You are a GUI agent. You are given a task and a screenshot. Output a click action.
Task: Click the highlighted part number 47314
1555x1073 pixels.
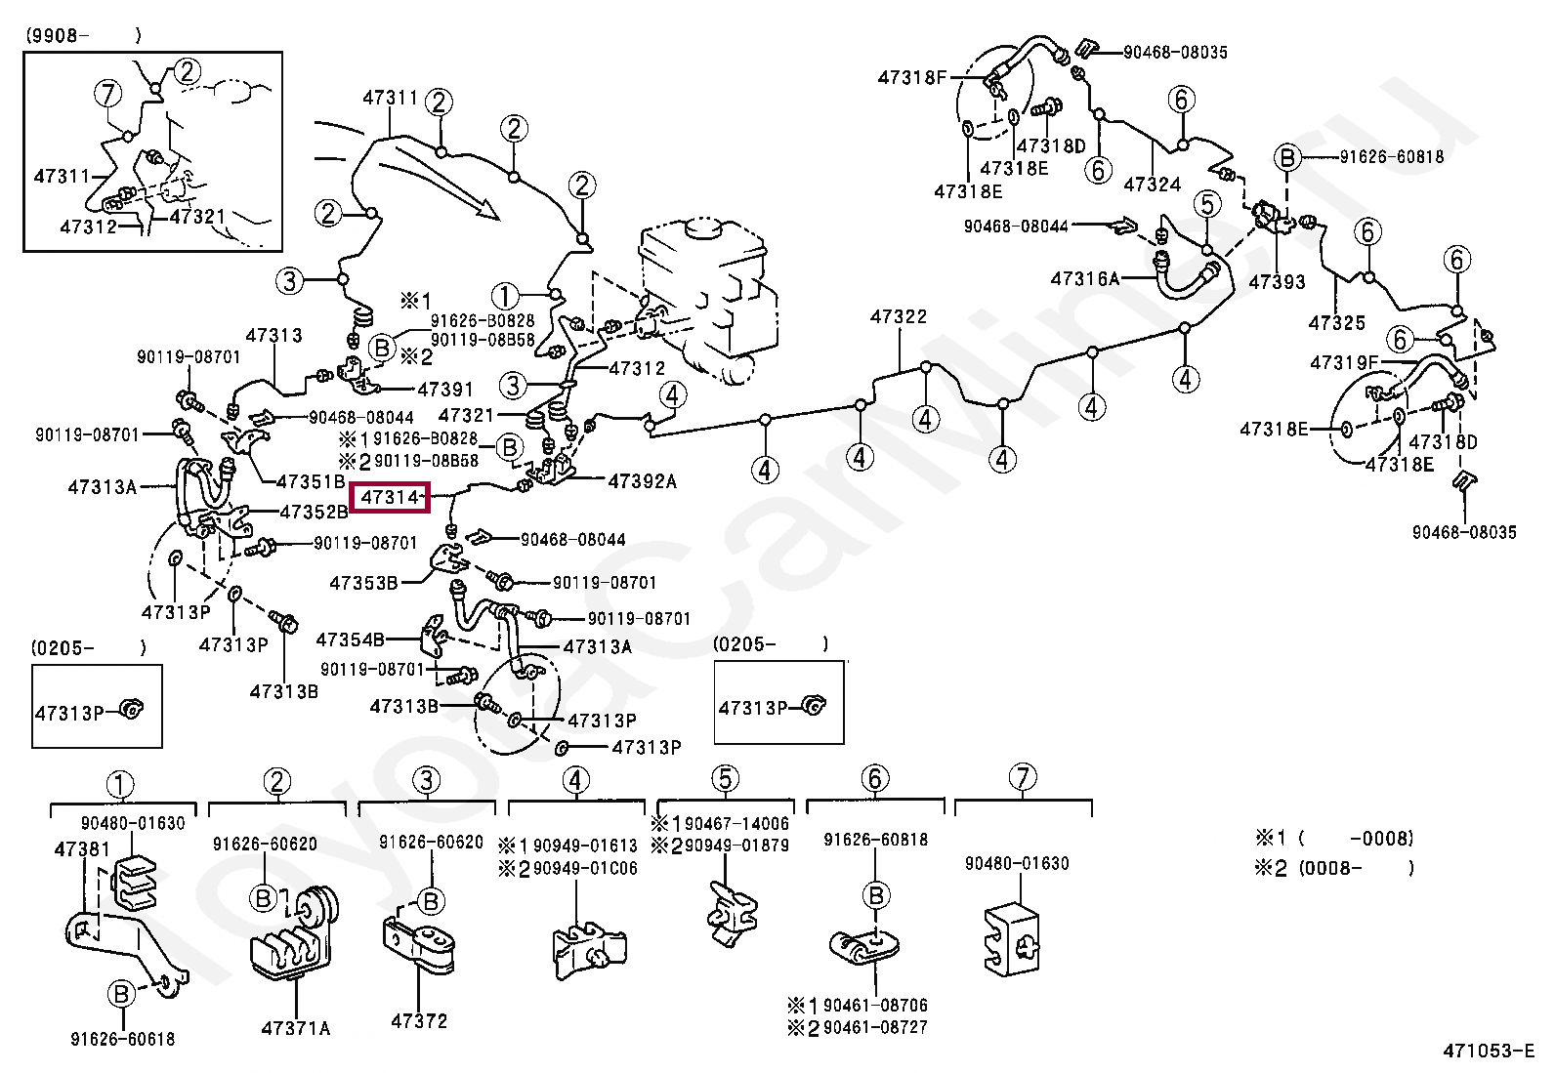(390, 498)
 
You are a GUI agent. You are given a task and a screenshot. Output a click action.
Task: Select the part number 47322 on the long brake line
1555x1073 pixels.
(898, 316)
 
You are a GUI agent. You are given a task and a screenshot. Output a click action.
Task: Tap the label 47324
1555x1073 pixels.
(1152, 185)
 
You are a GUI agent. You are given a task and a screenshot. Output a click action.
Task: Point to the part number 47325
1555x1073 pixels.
(1336, 322)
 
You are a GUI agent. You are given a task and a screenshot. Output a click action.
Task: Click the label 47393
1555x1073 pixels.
(1277, 282)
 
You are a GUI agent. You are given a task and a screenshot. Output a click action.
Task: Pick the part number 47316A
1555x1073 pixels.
(1084, 278)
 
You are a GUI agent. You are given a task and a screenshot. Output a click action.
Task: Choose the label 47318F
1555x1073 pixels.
(912, 77)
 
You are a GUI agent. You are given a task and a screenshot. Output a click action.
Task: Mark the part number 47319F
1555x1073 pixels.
(1344, 363)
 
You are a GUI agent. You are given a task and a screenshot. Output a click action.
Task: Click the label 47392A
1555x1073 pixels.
(642, 480)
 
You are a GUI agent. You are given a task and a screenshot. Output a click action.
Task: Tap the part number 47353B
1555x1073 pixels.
(363, 583)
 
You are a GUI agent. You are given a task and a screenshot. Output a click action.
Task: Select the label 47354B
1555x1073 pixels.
(350, 640)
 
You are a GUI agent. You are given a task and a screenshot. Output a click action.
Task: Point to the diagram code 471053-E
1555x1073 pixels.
(1489, 1051)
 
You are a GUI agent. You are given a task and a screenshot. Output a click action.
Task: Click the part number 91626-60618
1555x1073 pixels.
(122, 1039)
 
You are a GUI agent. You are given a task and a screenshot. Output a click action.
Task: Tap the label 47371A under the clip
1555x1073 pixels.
(295, 1027)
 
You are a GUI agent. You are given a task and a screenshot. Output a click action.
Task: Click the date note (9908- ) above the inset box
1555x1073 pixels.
(83, 35)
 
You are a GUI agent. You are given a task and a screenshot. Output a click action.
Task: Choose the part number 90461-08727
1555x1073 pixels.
(874, 1027)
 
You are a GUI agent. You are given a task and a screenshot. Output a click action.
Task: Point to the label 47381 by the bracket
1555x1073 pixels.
(82, 849)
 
